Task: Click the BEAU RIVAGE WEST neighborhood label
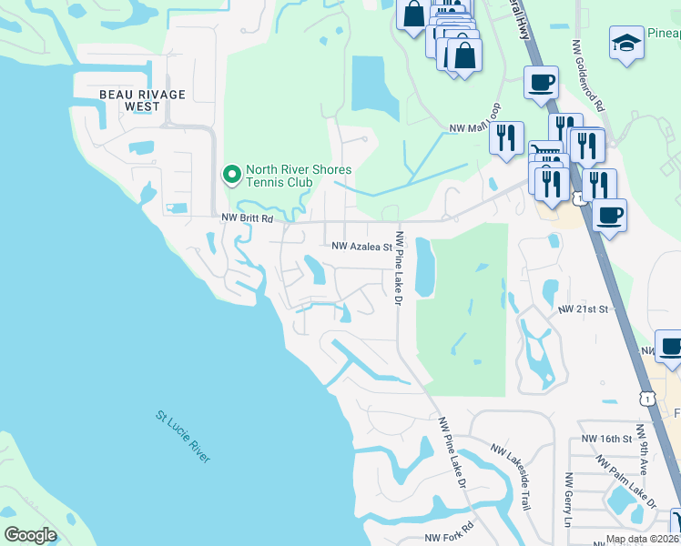tap(142, 100)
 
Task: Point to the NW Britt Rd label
tap(248, 218)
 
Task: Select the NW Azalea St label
tap(361, 246)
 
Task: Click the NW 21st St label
tap(583, 310)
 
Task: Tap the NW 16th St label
tap(608, 440)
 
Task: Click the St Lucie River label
tap(182, 438)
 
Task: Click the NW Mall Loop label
tap(474, 129)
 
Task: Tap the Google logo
tap(30, 535)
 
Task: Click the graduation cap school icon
tap(625, 44)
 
